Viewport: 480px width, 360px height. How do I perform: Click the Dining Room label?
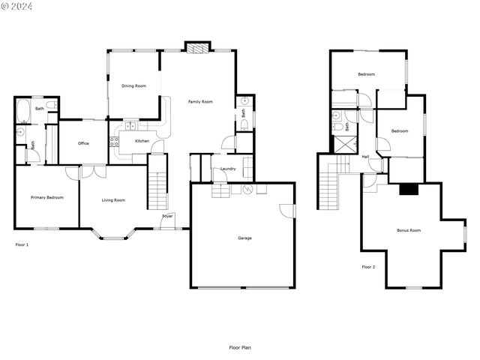click(x=133, y=86)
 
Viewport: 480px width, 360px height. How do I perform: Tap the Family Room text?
click(x=200, y=102)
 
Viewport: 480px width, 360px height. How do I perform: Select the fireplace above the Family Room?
click(x=198, y=48)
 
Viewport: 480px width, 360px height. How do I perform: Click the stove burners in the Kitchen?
click(x=114, y=142)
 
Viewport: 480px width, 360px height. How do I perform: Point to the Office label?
click(x=83, y=143)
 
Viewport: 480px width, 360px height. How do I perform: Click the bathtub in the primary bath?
click(x=23, y=111)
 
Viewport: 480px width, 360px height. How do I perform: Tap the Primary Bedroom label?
click(x=47, y=197)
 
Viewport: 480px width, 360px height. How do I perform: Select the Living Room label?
click(x=113, y=200)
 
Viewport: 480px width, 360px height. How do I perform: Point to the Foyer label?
click(x=167, y=216)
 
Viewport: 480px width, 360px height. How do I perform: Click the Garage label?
click(x=245, y=238)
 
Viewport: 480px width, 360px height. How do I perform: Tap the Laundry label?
click(x=228, y=169)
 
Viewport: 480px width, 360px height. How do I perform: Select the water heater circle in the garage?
click(x=247, y=189)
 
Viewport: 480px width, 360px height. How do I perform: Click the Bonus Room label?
click(x=409, y=230)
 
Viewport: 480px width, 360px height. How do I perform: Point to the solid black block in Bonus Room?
click(x=409, y=190)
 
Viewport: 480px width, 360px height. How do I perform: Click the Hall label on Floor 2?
click(x=365, y=157)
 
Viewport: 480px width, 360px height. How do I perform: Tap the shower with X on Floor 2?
click(x=345, y=144)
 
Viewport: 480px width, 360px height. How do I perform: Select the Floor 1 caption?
click(x=22, y=245)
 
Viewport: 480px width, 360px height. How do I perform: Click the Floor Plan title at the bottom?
click(x=240, y=347)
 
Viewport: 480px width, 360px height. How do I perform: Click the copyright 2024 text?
click(x=16, y=6)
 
